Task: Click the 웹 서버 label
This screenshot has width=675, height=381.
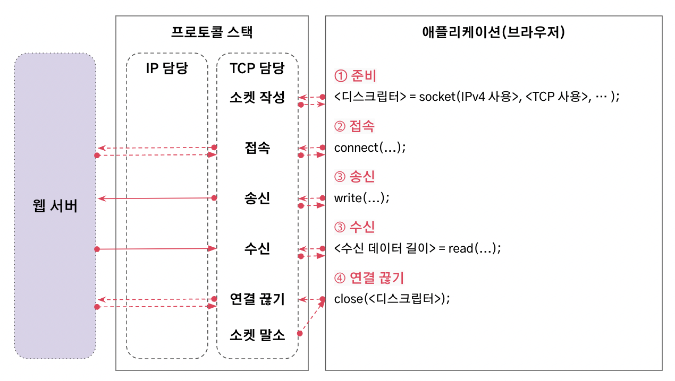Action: (55, 205)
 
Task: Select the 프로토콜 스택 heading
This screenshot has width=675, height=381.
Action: (212, 32)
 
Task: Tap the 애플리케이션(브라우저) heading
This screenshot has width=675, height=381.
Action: (493, 32)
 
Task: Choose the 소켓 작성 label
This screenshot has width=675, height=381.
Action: (257, 97)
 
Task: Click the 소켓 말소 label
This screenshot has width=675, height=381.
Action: (257, 335)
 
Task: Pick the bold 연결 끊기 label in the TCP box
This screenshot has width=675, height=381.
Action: (257, 299)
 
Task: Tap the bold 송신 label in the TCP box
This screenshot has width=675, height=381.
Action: (257, 198)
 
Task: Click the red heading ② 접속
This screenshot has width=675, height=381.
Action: (355, 126)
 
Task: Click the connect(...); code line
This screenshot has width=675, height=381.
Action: (370, 148)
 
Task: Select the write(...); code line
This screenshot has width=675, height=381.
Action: (362, 198)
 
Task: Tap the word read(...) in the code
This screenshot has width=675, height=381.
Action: (473, 248)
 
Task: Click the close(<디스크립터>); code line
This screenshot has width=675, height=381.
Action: (392, 299)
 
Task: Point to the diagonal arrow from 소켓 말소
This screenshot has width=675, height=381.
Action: (313, 316)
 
